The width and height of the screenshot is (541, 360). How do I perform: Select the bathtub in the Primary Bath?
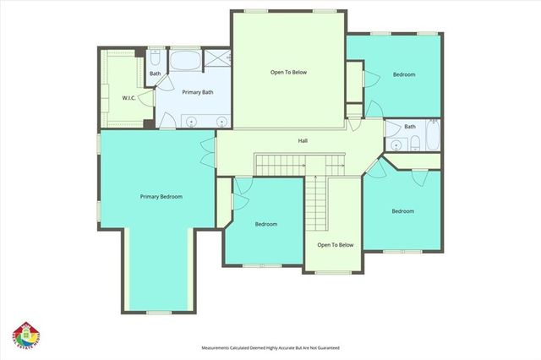point(185,62)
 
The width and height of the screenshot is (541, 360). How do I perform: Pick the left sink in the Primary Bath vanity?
point(191,122)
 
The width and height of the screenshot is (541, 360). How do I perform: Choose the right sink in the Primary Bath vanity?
point(221,122)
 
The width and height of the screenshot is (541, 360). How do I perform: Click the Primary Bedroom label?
point(161,196)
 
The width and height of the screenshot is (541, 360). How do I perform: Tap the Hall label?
point(302,140)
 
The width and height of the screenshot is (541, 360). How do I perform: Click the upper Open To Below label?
point(288,73)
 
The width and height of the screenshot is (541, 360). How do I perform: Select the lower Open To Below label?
point(335,245)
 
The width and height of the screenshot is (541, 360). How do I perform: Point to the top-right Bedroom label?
point(404,74)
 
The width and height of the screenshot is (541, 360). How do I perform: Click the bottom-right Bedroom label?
point(402,211)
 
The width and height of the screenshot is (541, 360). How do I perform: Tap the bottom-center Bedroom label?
point(266,224)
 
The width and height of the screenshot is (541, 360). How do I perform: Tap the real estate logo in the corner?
point(25,335)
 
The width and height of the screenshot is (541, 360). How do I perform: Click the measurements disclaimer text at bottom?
point(270,347)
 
